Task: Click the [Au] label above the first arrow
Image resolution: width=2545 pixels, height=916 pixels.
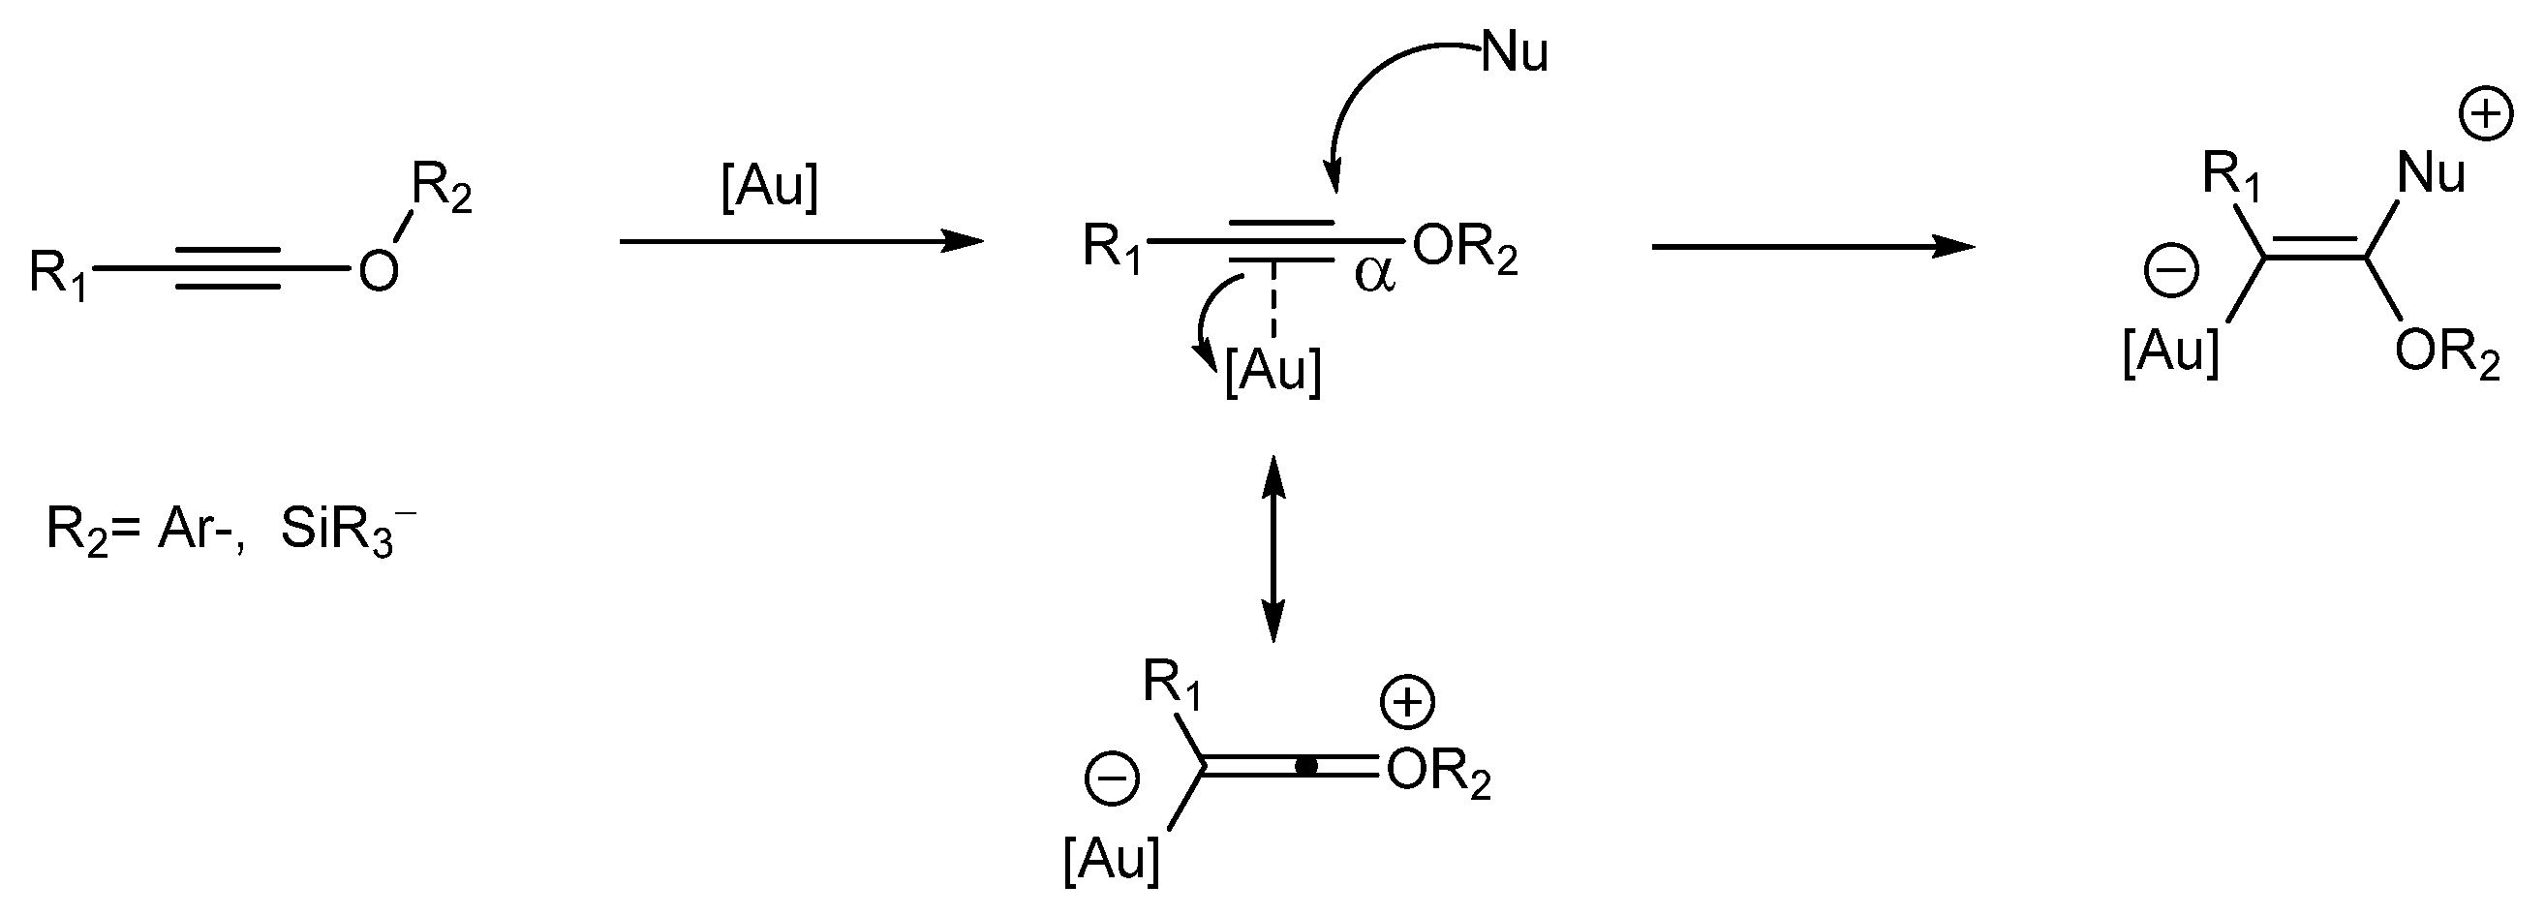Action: point(770,187)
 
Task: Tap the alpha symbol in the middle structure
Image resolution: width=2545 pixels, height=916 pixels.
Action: point(1374,275)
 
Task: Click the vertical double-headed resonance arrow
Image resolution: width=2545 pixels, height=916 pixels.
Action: point(1273,549)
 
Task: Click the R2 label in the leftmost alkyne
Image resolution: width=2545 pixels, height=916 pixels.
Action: point(441,188)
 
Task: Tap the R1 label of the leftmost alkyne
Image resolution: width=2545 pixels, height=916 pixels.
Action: point(57,273)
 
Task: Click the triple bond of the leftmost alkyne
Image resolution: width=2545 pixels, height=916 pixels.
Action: point(228,268)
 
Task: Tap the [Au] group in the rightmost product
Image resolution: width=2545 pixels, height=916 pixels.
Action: point(2169,350)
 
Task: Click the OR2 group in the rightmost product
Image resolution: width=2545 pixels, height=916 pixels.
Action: point(2446,353)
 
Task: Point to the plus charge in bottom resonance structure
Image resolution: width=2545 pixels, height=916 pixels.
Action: point(1407,703)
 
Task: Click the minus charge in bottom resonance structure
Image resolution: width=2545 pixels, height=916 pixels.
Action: point(1113,778)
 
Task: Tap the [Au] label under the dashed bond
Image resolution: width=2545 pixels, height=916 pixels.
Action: point(1272,371)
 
